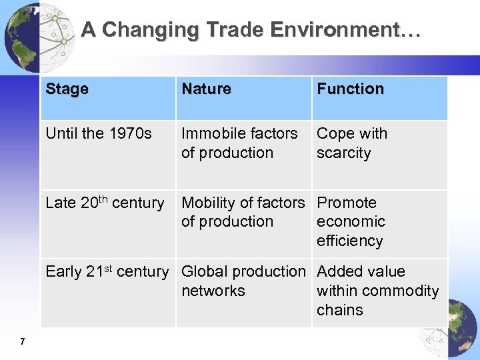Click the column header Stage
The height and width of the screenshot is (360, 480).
coord(67,89)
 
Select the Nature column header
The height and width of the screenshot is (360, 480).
coord(206,89)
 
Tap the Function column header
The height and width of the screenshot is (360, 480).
coord(350,89)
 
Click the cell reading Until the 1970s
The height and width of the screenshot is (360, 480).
coord(99,133)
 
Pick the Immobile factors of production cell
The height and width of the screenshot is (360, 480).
coord(239,143)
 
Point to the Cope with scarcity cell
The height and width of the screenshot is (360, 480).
coord(352,143)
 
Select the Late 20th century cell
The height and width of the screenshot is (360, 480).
coord(105,203)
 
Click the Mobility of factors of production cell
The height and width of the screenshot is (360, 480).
coord(243,212)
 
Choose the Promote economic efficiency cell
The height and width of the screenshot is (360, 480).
coord(351,221)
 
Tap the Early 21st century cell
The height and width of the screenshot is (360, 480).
coord(107,272)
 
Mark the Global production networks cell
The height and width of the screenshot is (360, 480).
coord(243,281)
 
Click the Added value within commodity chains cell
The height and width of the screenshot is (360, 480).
coord(377,291)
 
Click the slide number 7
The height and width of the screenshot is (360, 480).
coord(23,342)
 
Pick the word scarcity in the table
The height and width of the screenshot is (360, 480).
coord(343,153)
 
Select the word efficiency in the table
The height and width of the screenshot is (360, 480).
coord(349,241)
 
